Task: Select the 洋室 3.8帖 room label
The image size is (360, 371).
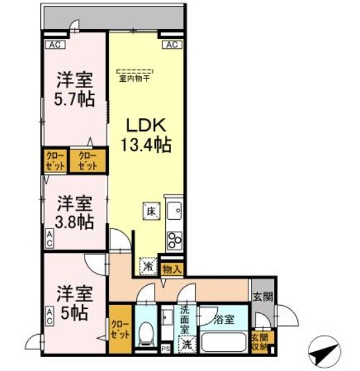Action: pyautogui.click(x=73, y=211)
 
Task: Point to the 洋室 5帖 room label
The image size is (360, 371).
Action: pyautogui.click(x=73, y=300)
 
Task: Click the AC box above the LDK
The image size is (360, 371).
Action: pyautogui.click(x=171, y=45)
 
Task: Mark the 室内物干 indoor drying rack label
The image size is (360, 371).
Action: pyautogui.click(x=135, y=74)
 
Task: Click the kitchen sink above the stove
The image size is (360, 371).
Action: pyautogui.click(x=175, y=211)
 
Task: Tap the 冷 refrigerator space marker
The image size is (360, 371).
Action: pyautogui.click(x=148, y=265)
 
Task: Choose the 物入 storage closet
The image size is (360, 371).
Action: pyautogui.click(x=172, y=269)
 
